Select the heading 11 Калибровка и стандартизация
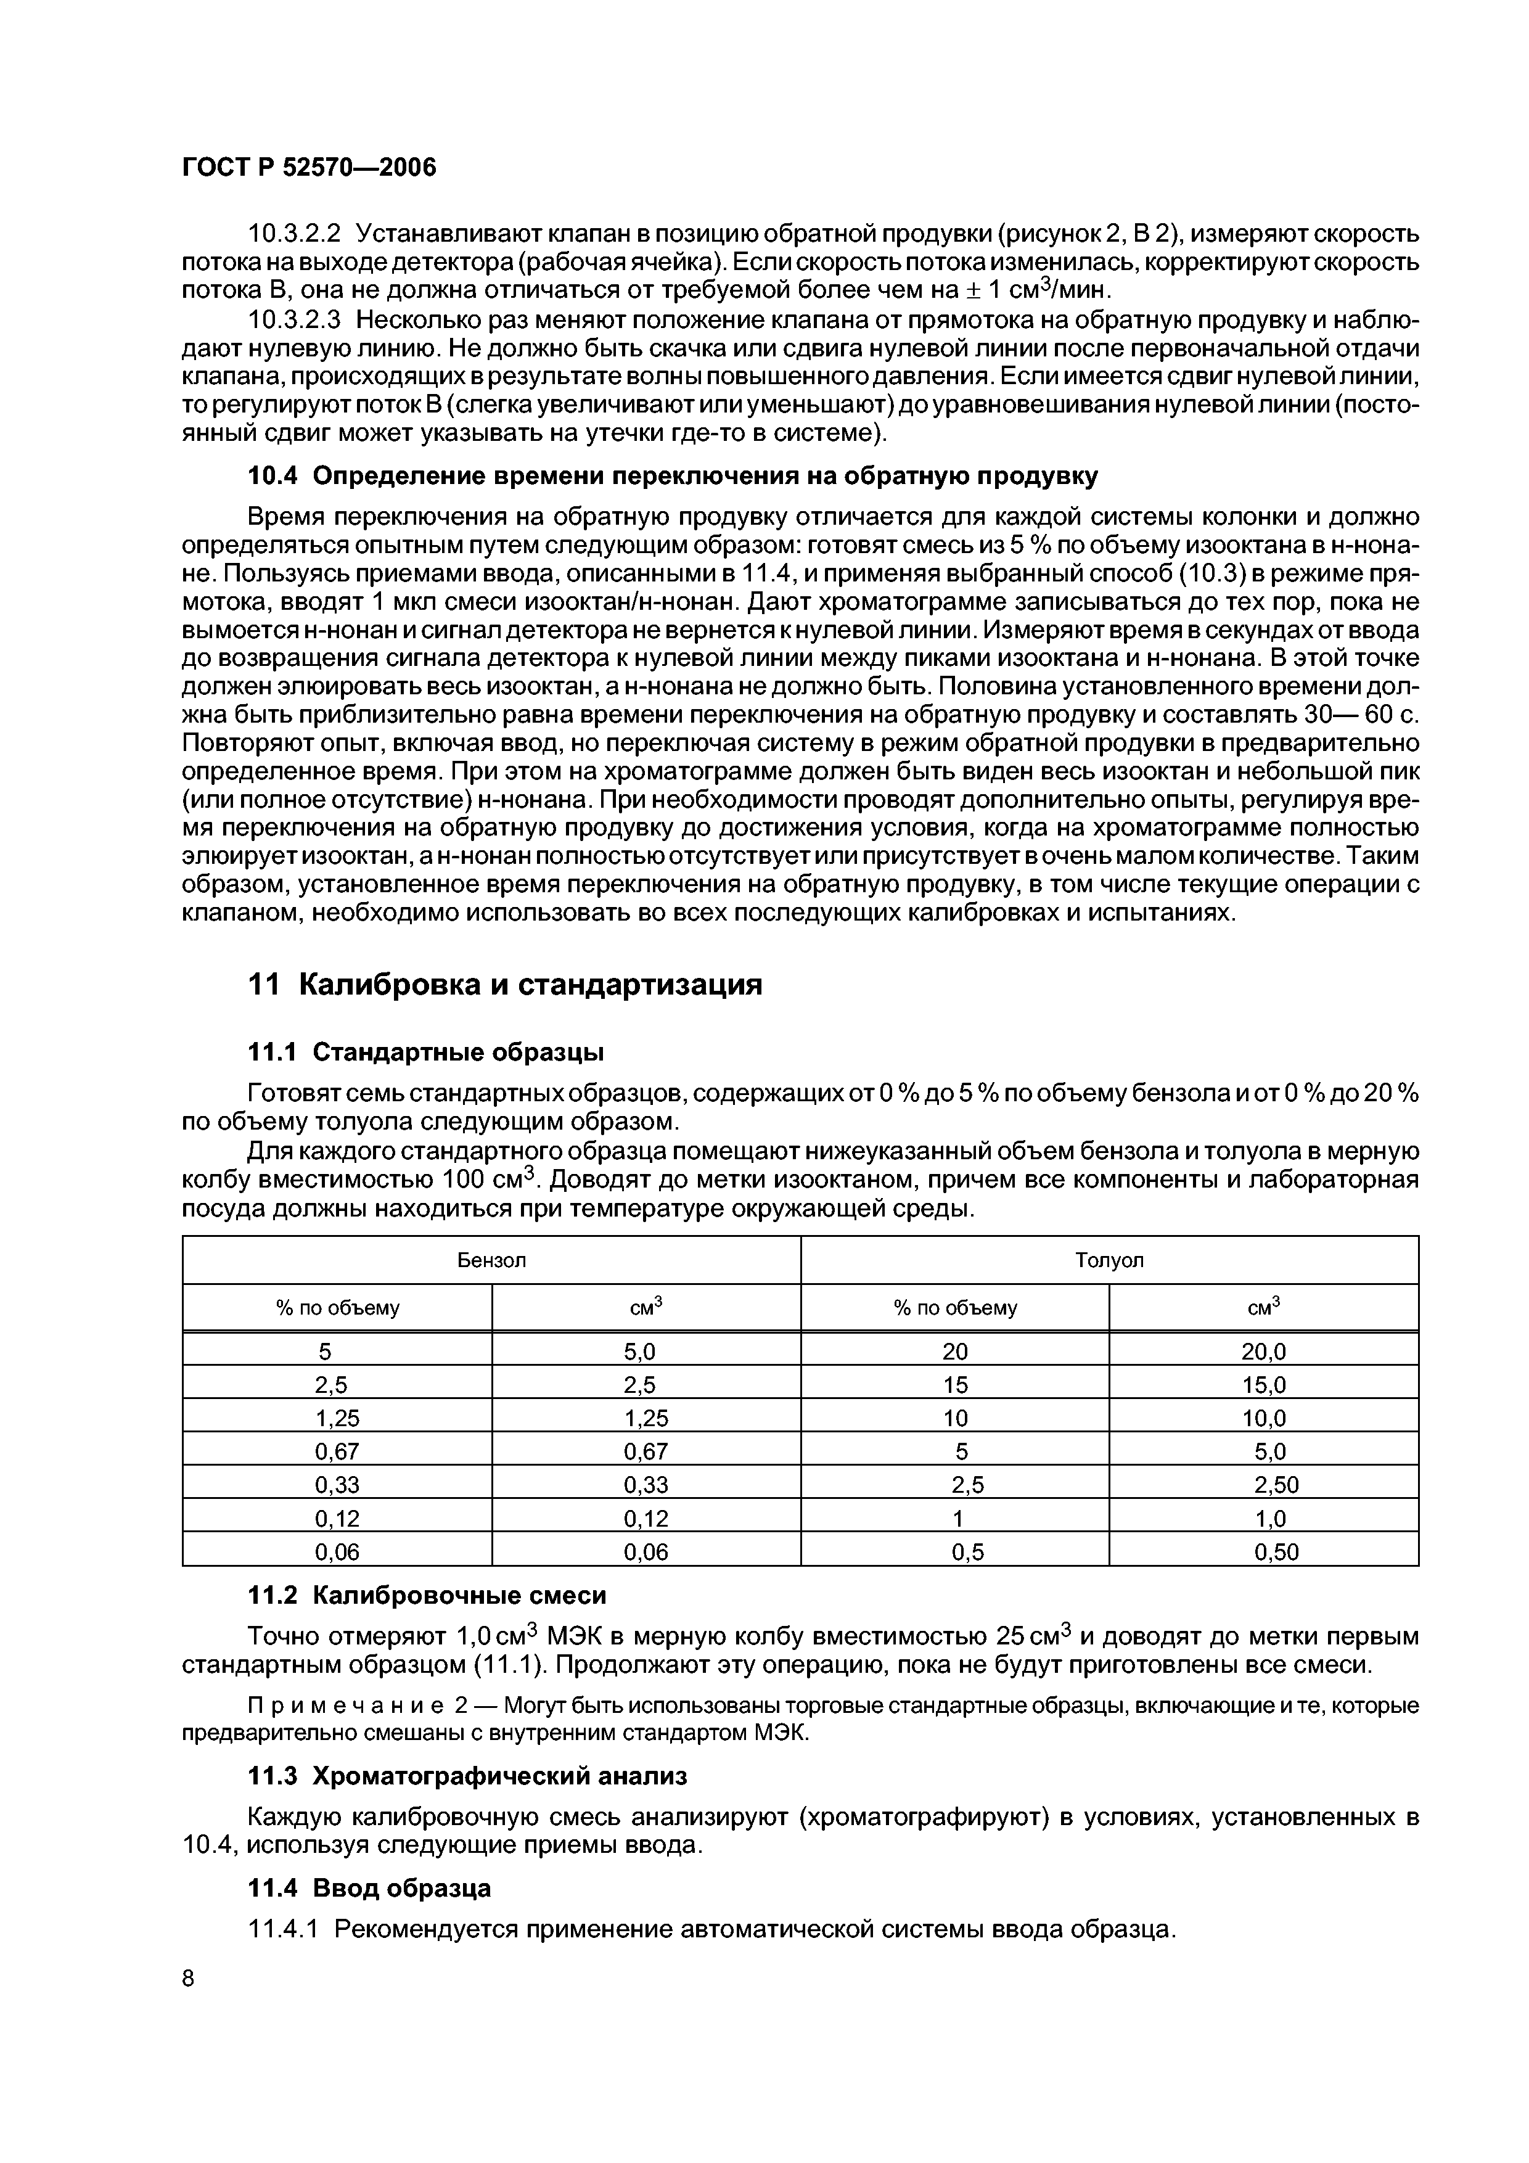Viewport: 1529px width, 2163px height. click(504, 985)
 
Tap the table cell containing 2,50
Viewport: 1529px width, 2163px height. click(1276, 1485)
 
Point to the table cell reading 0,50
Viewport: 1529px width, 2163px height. click(1276, 1551)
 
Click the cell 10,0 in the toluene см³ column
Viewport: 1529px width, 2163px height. click(1263, 1419)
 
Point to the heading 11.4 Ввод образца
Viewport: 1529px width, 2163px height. click(368, 1889)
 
